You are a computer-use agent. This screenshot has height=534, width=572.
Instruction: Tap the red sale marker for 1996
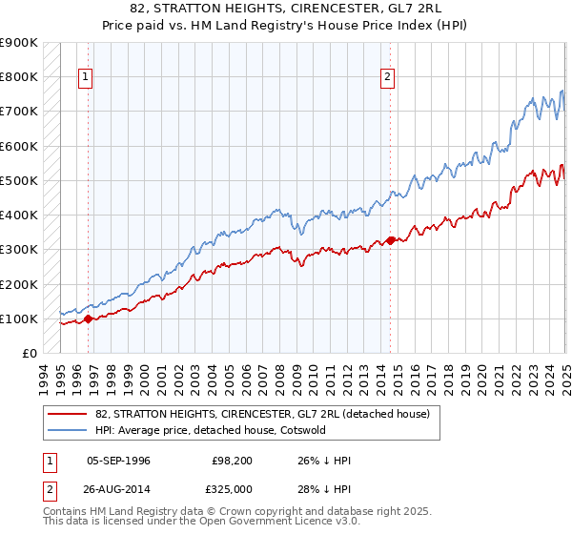[88, 319]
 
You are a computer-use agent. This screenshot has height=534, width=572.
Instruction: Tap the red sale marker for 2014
[391, 240]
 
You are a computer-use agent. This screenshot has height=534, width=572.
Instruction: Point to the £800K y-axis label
[19, 77]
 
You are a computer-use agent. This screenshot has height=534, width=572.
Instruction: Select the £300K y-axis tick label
[19, 250]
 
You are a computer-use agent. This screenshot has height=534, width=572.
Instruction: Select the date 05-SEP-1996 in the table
[118, 461]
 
